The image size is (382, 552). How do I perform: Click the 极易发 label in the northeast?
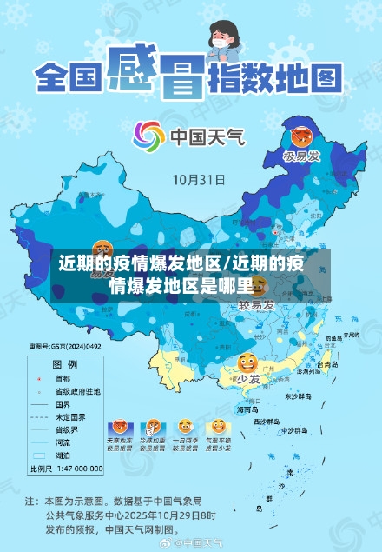[301, 156]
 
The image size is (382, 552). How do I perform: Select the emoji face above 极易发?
[300, 136]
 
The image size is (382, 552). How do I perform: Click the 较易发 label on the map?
[257, 305]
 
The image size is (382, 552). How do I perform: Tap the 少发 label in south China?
[248, 379]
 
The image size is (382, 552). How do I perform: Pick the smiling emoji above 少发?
[247, 362]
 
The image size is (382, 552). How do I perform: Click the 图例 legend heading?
[65, 364]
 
